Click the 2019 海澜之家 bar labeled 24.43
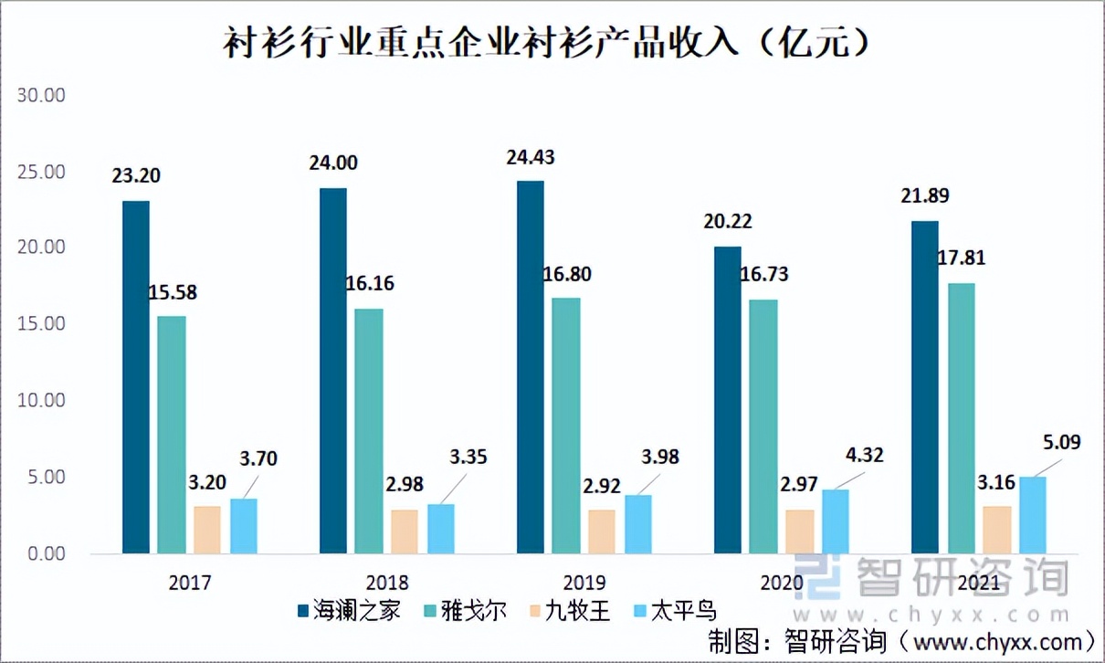tap(530, 367)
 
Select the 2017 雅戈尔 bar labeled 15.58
tap(171, 435)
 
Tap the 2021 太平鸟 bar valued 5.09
tap(1033, 515)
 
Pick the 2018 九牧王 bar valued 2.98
tap(405, 531)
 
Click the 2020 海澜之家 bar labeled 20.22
tap(728, 400)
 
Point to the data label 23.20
tap(136, 175)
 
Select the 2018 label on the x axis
tap(387, 583)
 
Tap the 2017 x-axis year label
tap(190, 583)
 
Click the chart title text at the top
tap(545, 43)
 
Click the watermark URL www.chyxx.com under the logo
tap(930, 615)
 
